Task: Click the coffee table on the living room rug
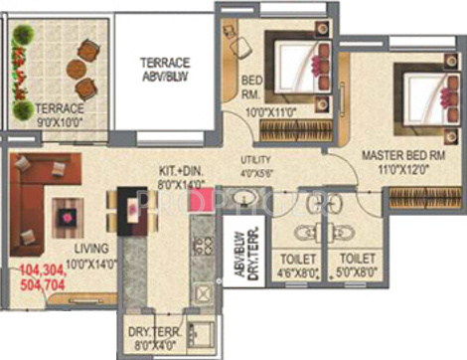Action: [69, 213]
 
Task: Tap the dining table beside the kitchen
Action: [129, 212]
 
